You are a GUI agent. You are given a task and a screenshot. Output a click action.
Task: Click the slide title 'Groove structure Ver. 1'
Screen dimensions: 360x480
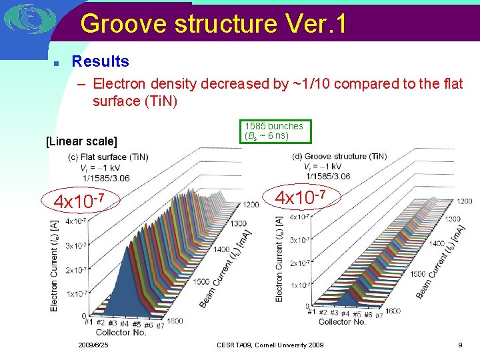pyautogui.click(x=213, y=24)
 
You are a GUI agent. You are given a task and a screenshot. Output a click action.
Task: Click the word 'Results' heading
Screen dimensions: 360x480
pyautogui.click(x=100, y=61)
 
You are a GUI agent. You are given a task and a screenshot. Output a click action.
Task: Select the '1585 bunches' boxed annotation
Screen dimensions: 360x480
pyautogui.click(x=274, y=131)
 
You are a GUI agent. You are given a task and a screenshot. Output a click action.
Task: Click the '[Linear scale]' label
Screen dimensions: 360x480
pyautogui.click(x=81, y=141)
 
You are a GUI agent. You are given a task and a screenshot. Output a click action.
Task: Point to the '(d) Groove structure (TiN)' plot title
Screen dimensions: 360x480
pyautogui.click(x=340, y=156)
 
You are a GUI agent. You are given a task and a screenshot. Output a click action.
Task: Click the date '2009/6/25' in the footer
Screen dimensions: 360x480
pyautogui.click(x=93, y=345)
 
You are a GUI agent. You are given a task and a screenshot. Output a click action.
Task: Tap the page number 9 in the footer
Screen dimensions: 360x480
pyautogui.click(x=460, y=345)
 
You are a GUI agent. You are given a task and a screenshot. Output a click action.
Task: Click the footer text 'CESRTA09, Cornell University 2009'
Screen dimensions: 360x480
pyautogui.click(x=270, y=345)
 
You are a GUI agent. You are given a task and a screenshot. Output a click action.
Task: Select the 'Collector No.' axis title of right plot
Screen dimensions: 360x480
pyautogui.click(x=342, y=321)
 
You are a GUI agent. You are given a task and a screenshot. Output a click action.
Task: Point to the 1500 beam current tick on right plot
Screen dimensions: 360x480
pyautogui.click(x=417, y=275)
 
